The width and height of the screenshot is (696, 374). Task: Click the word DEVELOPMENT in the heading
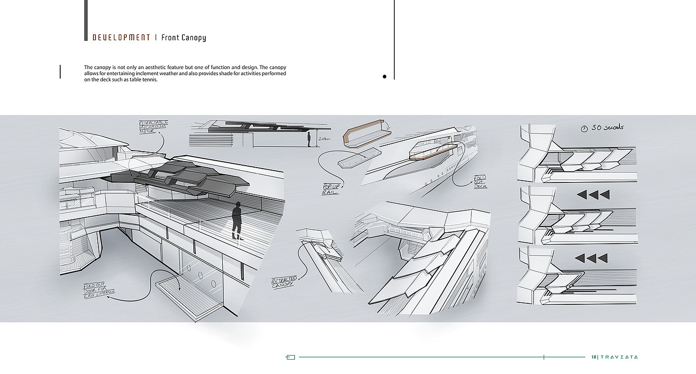click(x=121, y=37)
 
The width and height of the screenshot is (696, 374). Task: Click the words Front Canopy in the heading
click(x=183, y=37)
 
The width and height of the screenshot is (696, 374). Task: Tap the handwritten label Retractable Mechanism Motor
click(x=153, y=127)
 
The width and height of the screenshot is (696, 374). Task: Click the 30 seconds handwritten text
click(x=607, y=127)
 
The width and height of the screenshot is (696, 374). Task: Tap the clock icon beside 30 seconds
click(x=584, y=128)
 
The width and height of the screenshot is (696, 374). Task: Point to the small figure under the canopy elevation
click(x=309, y=139)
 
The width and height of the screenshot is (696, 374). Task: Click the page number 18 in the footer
click(x=594, y=357)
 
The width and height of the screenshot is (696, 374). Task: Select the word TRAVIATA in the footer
click(x=619, y=357)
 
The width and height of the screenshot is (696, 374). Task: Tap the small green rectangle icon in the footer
click(x=291, y=357)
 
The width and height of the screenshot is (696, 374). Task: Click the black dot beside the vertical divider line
click(x=384, y=77)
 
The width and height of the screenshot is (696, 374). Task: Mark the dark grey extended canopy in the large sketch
click(x=179, y=177)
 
